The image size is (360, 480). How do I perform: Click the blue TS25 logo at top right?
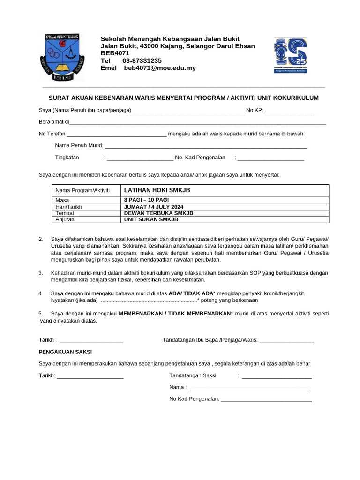click(x=291, y=55)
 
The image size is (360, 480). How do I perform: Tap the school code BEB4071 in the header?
click(x=115, y=53)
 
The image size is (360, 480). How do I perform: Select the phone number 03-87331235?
click(x=142, y=61)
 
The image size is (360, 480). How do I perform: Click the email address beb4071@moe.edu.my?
click(x=160, y=68)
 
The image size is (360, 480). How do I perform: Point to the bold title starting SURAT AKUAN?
click(x=184, y=98)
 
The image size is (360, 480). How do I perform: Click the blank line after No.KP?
click(x=289, y=111)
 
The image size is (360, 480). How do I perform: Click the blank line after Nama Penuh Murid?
click(x=206, y=146)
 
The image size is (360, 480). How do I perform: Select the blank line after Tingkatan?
click(x=140, y=158)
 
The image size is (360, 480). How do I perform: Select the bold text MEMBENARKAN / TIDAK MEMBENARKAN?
click(x=175, y=314)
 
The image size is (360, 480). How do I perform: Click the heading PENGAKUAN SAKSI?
click(x=65, y=352)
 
